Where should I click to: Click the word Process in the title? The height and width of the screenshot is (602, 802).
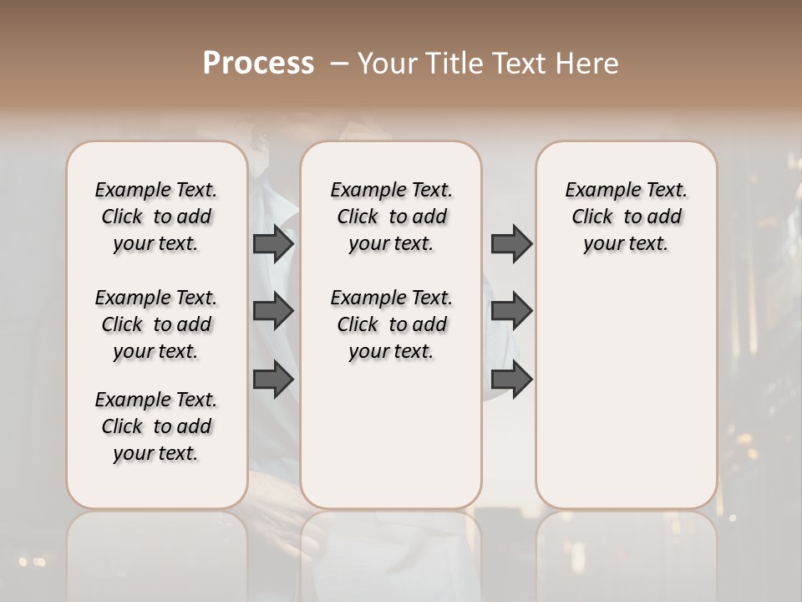pos(258,63)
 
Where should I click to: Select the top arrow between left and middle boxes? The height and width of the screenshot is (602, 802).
pos(272,244)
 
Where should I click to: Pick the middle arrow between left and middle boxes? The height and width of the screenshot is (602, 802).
pos(272,311)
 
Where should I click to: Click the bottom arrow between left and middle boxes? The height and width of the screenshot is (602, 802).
pos(272,379)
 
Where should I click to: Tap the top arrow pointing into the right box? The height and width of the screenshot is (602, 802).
pos(511,244)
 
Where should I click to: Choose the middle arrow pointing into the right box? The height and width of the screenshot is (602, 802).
pos(511,311)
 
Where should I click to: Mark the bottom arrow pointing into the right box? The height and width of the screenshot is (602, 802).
pos(511,379)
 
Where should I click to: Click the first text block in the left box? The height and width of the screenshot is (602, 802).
pos(156,217)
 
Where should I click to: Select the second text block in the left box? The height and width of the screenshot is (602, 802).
pos(156,324)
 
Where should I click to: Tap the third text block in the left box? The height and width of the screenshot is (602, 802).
pos(156,426)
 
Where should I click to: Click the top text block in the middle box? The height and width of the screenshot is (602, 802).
pos(391,217)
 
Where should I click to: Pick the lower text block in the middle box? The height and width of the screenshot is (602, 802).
pos(391,324)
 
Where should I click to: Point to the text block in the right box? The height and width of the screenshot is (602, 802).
pos(626,217)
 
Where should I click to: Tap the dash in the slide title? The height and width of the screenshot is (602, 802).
pos(339,63)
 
